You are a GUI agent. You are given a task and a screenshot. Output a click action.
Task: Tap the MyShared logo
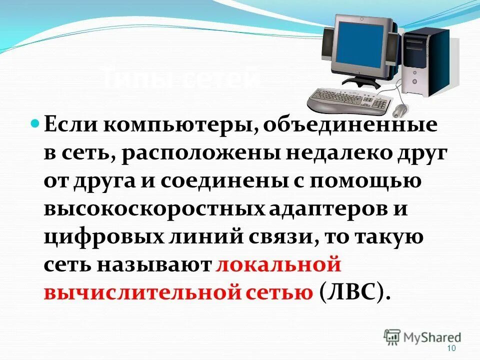(422, 337)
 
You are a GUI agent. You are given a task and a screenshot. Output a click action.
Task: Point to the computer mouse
(400, 110)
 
